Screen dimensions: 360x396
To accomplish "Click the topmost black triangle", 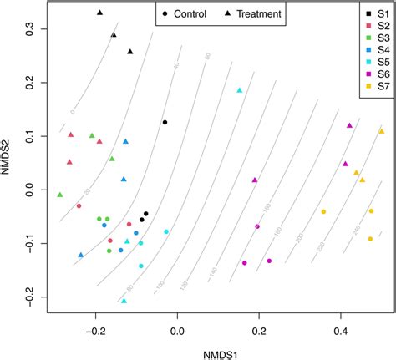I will pyautogui.click(x=99, y=13).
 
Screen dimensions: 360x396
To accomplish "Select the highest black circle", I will pyautogui.click(x=165, y=122).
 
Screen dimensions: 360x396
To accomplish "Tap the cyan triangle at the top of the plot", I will pyautogui.click(x=240, y=90).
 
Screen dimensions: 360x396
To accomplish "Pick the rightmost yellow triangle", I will pyautogui.click(x=381, y=131).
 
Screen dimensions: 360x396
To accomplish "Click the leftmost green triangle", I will pyautogui.click(x=59, y=195).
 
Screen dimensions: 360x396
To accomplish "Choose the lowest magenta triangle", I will pyautogui.click(x=255, y=180).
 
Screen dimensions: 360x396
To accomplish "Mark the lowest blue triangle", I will pyautogui.click(x=81, y=255).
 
